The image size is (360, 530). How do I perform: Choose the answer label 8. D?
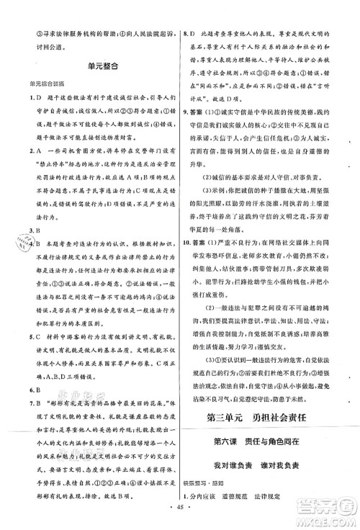click(x=192, y=34)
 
